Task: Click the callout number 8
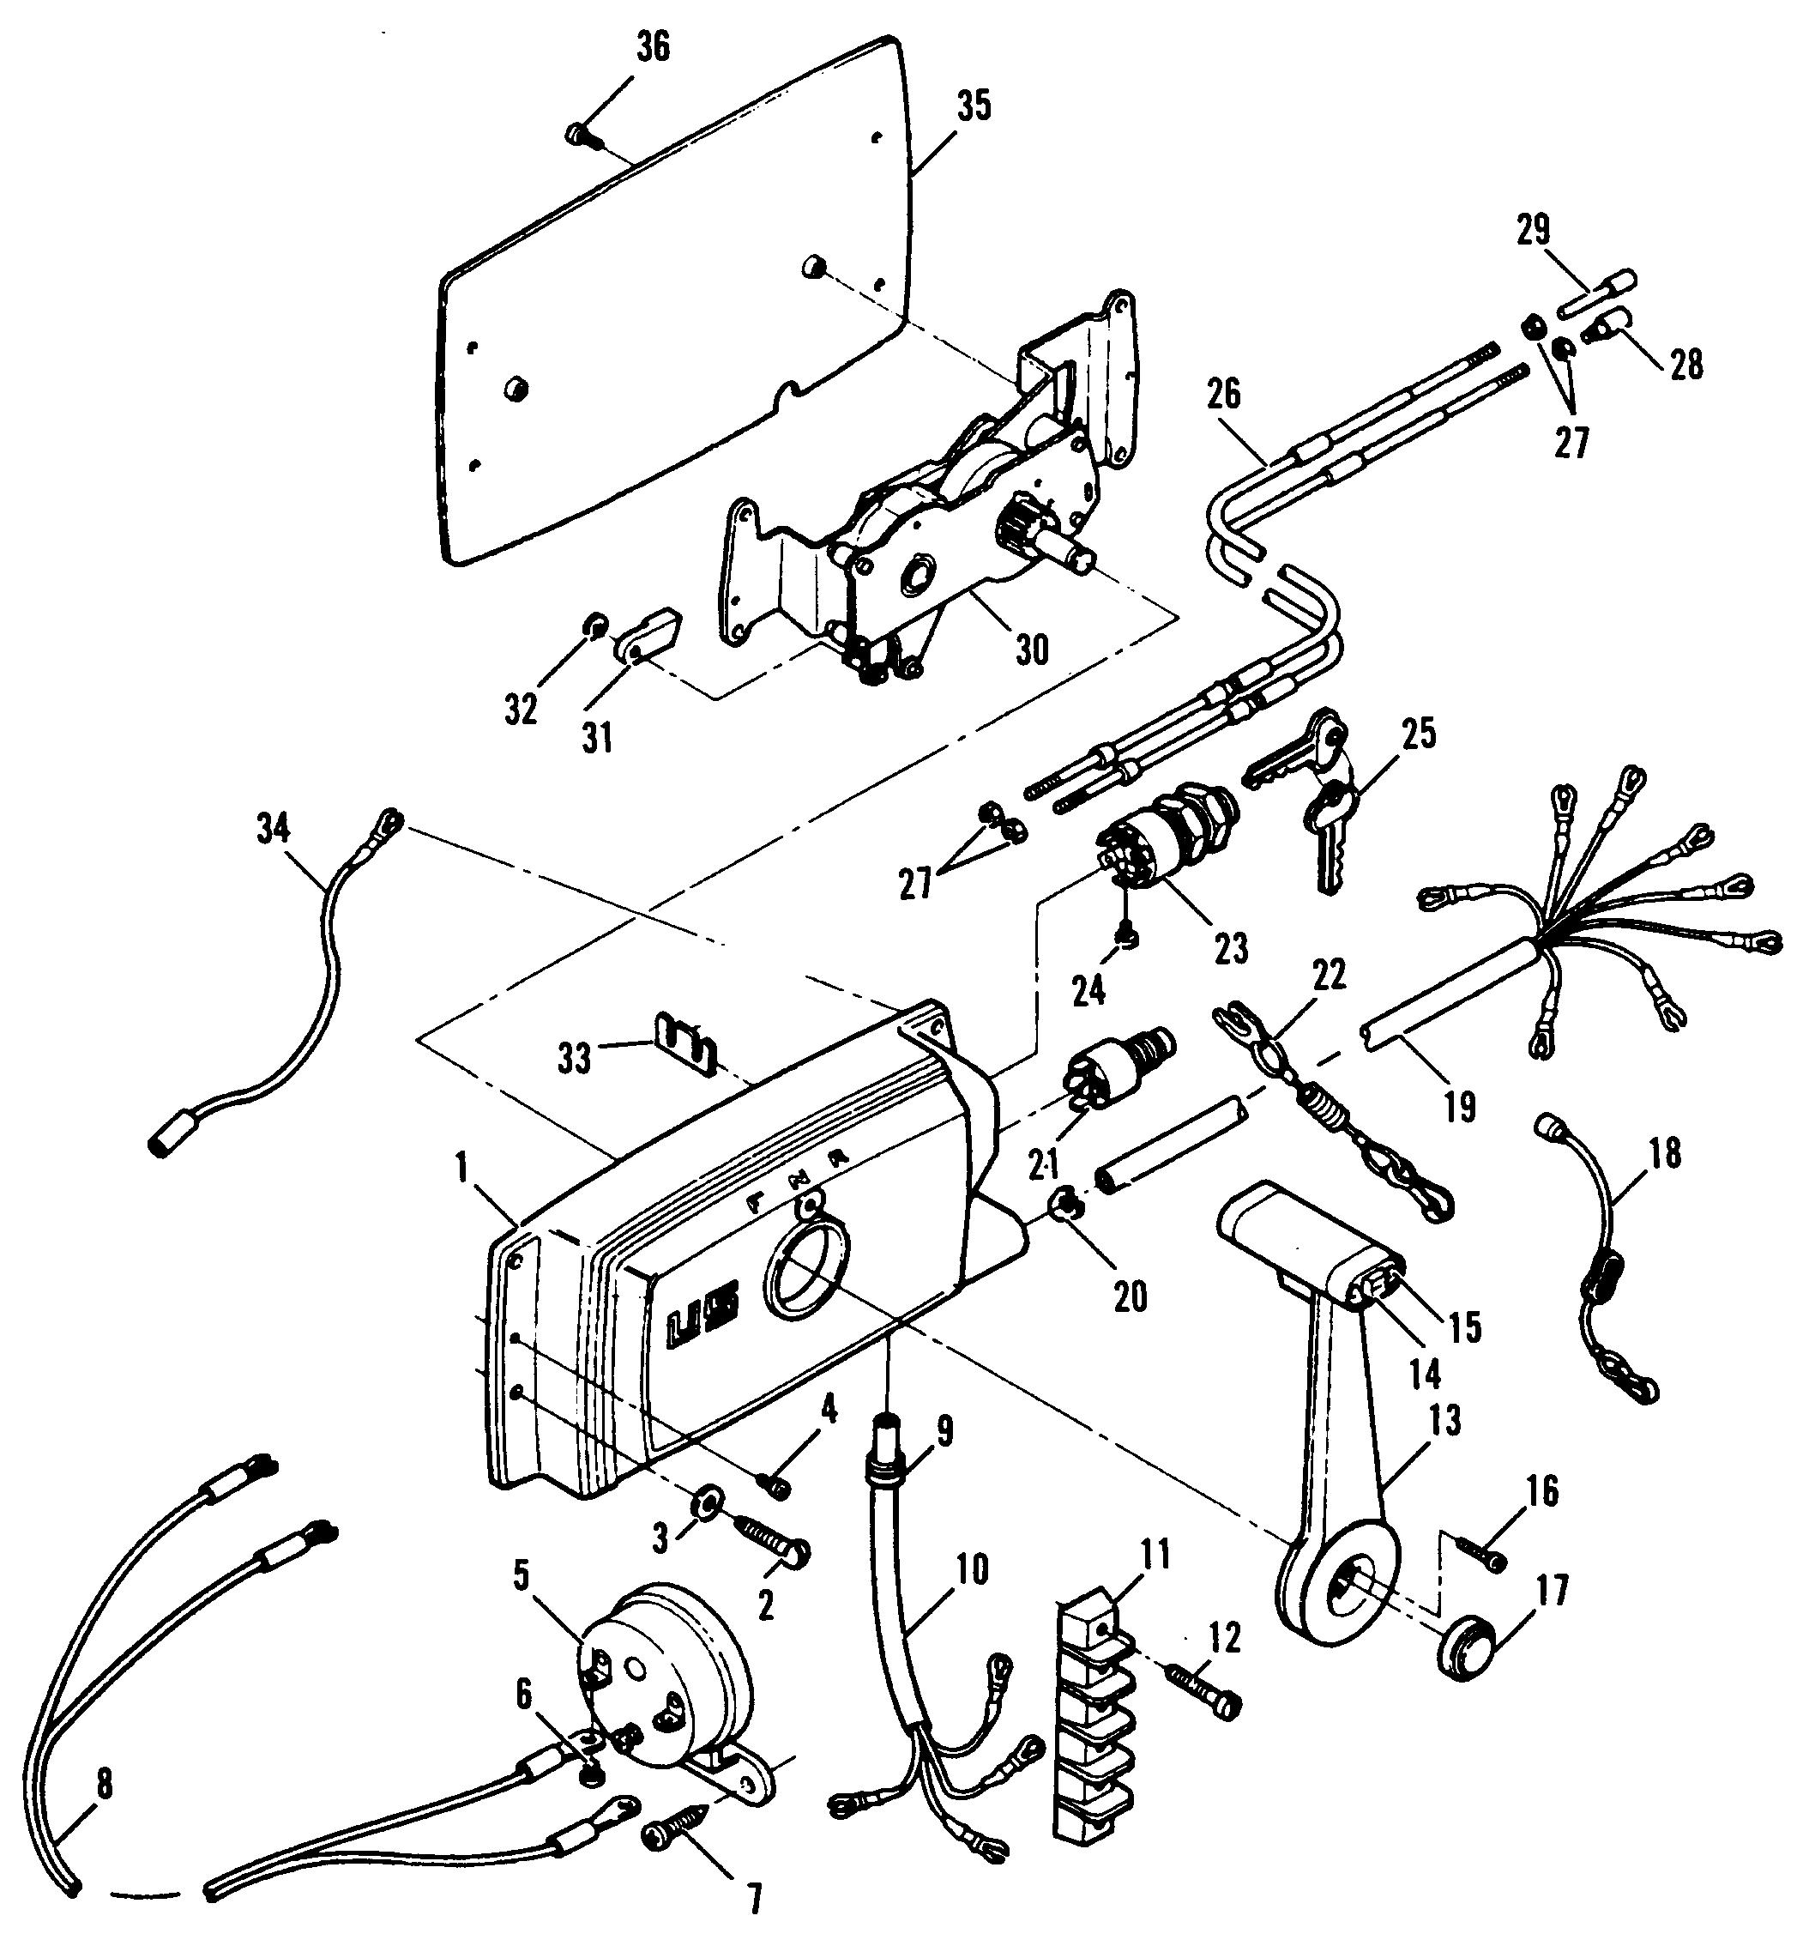[104, 1784]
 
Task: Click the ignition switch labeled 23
[1167, 831]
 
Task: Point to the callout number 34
[273, 828]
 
